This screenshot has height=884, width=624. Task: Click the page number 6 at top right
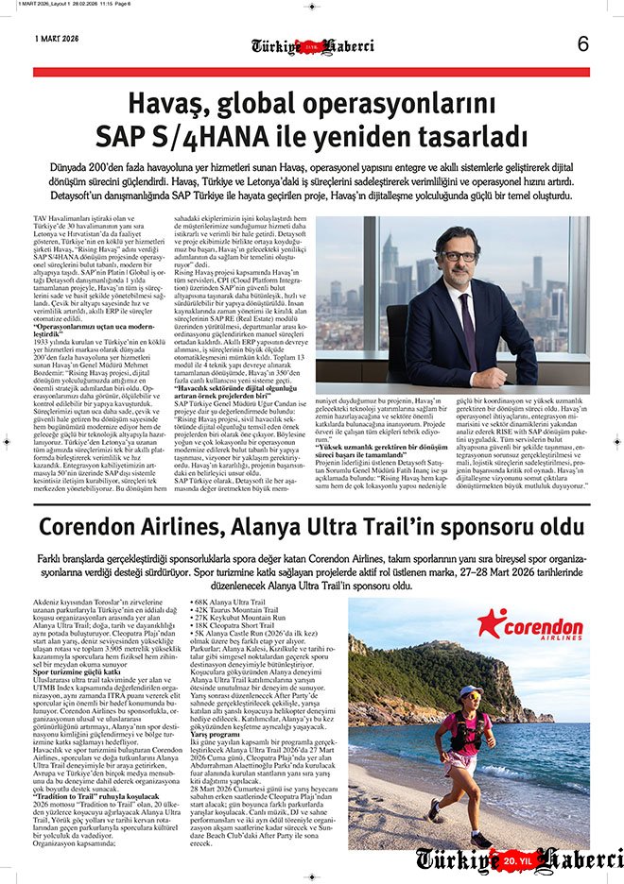(582, 44)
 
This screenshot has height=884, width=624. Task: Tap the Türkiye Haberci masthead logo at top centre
(312, 45)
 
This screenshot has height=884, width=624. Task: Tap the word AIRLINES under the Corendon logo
(547, 638)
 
